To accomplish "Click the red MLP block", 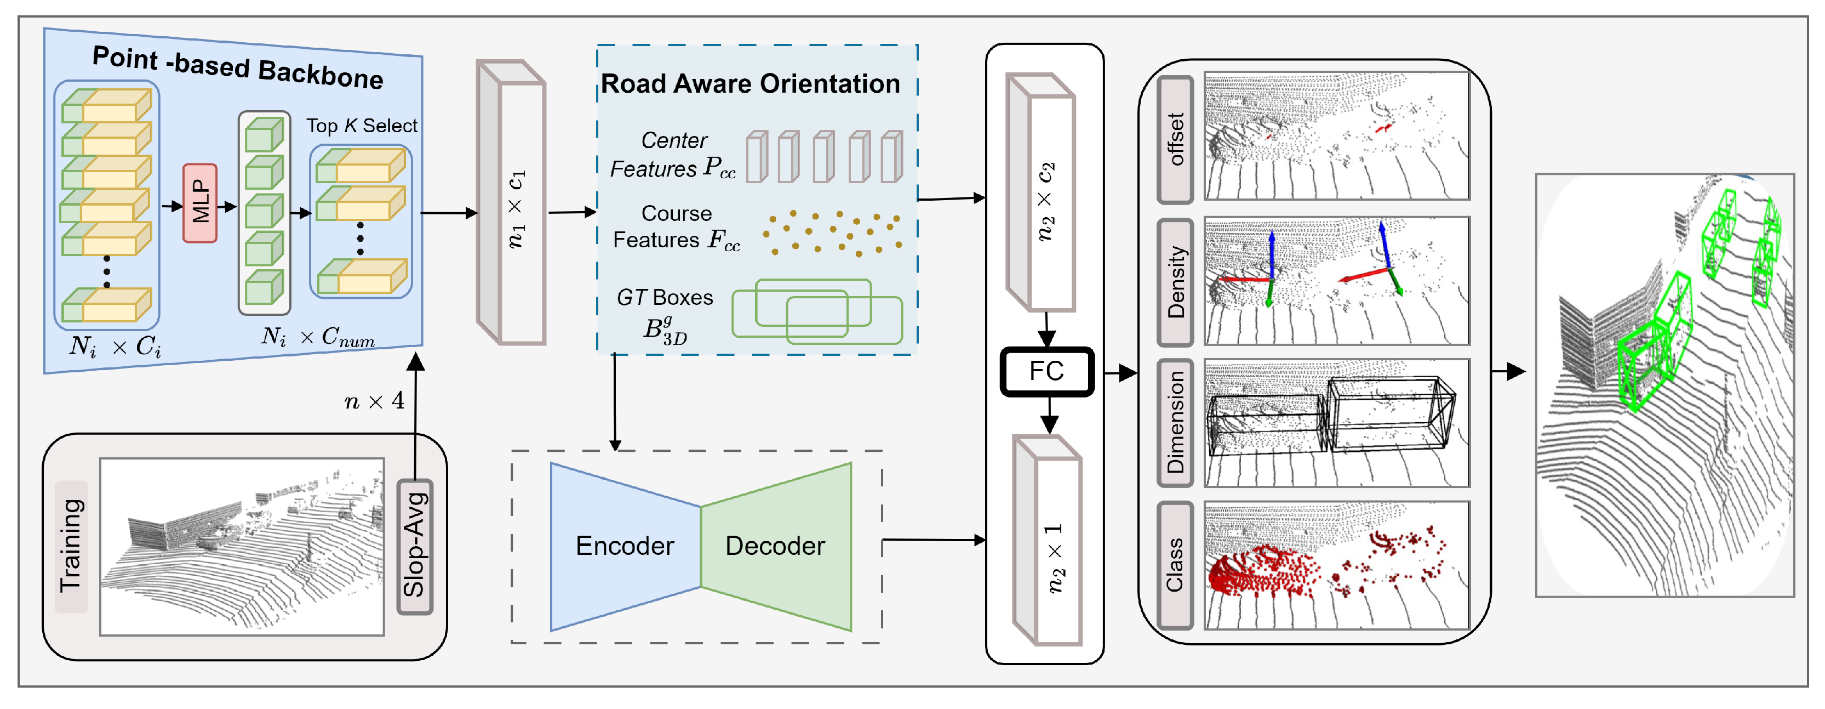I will click(x=200, y=203).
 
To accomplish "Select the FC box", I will click(x=1046, y=371).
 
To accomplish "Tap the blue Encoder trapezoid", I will click(x=624, y=546).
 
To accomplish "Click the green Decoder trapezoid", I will click(x=776, y=546).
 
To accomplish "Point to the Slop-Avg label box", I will click(x=414, y=546).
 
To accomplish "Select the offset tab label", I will click(x=1175, y=140).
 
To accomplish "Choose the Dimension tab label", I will click(x=1175, y=423).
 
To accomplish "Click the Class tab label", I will click(x=1175, y=565).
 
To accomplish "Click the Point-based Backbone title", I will click(x=237, y=67).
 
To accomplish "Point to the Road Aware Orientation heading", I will click(x=750, y=84).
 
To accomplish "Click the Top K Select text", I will click(x=361, y=126).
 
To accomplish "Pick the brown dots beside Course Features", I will click(x=832, y=232).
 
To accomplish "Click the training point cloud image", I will click(x=242, y=546).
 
